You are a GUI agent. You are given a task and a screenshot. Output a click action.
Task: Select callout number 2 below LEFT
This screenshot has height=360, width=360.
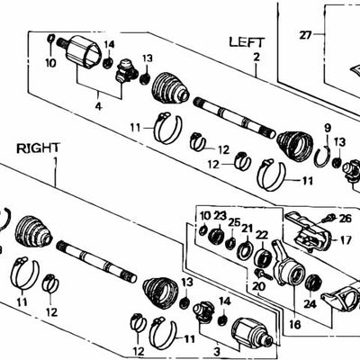click(256, 57)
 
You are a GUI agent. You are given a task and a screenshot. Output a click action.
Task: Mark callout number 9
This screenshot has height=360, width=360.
click(328, 126)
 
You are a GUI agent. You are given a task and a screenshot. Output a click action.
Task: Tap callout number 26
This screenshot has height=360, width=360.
click(346, 219)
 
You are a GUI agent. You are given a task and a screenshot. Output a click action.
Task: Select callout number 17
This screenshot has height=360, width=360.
click(346, 240)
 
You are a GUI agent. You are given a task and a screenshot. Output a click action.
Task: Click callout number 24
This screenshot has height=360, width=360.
click(312, 304)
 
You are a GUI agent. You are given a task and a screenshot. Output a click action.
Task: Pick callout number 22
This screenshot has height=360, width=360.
click(262, 235)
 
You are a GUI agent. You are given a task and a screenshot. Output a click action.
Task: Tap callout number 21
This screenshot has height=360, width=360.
click(247, 229)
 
